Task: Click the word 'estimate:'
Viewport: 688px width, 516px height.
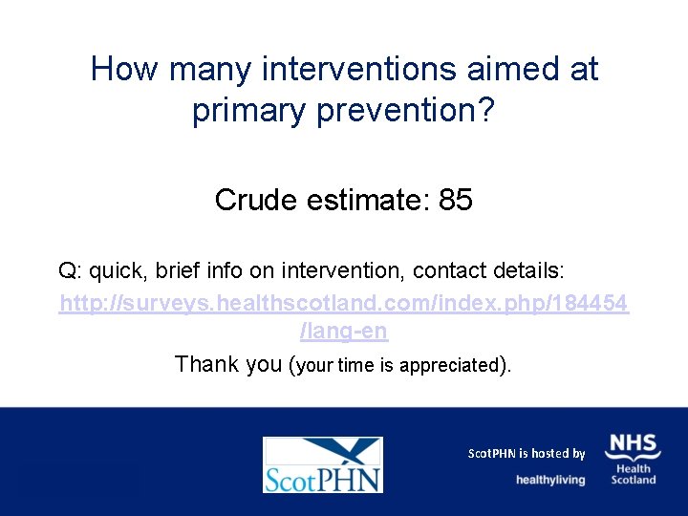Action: click(366, 200)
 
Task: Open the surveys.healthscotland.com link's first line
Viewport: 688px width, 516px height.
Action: click(344, 303)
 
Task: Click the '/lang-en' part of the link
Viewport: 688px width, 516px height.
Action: click(344, 333)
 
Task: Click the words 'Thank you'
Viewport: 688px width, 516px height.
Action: click(227, 364)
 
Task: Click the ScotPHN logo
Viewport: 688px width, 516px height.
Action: click(322, 464)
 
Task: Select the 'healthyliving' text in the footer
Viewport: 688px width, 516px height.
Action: click(550, 480)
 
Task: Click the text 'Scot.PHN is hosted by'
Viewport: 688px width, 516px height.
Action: click(526, 453)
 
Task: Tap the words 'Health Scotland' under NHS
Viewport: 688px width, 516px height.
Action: click(634, 474)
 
